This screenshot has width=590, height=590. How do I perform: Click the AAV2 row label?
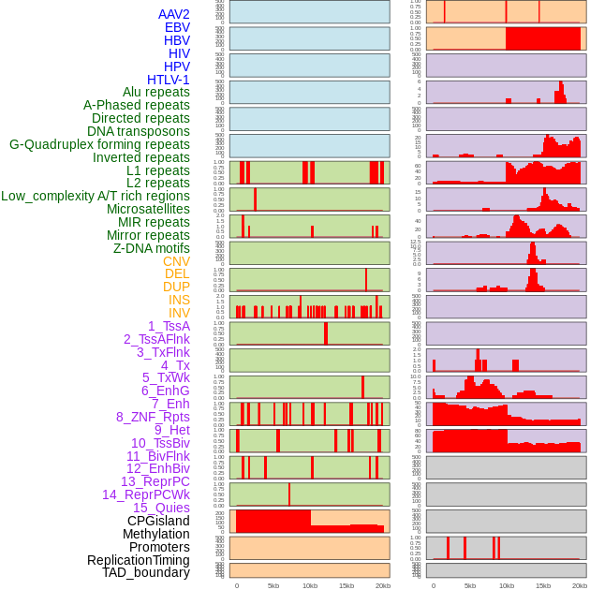pyautogui.click(x=174, y=14)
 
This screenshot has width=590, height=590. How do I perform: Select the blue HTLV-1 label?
pyautogui.click(x=169, y=80)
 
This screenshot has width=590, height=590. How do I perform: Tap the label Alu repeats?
pyautogui.click(x=156, y=92)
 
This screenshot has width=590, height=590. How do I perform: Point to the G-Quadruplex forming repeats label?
pyautogui.click(x=99, y=144)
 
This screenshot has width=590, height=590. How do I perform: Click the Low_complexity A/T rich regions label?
pyautogui.click(x=96, y=196)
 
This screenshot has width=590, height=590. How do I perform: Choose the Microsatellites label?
pyautogui.click(x=148, y=209)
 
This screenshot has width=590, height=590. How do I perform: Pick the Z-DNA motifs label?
pyautogui.click(x=152, y=248)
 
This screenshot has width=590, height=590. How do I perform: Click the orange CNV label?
pyautogui.click(x=176, y=261)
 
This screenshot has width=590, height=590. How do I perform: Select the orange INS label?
pyautogui.click(x=179, y=300)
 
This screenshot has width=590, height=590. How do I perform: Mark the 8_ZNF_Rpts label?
pyautogui.click(x=153, y=417)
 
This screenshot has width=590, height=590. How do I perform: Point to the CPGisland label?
pyautogui.click(x=158, y=521)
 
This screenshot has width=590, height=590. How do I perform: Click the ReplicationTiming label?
pyautogui.click(x=139, y=560)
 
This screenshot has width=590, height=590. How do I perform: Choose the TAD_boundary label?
pyautogui.click(x=146, y=572)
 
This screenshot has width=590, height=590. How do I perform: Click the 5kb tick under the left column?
pyautogui.click(x=273, y=585)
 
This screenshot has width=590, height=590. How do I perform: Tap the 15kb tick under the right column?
pyautogui.click(x=543, y=585)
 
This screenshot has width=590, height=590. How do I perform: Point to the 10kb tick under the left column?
pyautogui.click(x=310, y=585)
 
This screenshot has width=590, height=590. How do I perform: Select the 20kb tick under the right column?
pyautogui.click(x=580, y=585)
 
